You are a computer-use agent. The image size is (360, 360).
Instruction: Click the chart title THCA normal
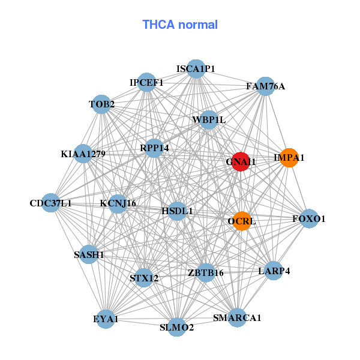[179, 25]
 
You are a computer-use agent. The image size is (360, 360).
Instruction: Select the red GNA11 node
[241, 161]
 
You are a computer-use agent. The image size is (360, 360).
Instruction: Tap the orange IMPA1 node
[289, 158]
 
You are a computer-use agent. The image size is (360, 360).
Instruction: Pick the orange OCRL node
[242, 221]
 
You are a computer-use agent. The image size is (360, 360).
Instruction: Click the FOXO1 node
[308, 219]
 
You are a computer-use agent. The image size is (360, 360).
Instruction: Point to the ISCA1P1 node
[196, 69]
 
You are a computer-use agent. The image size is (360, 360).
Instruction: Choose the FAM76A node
[265, 86]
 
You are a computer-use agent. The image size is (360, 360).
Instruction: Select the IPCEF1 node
[147, 82]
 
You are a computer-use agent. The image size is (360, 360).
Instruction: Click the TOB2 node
[102, 104]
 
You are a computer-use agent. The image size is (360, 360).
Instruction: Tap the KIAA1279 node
[83, 154]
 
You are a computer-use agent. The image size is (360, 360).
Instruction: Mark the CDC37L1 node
[51, 203]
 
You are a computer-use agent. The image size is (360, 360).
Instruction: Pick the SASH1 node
[89, 254]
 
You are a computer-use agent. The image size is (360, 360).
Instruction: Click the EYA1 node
[106, 319]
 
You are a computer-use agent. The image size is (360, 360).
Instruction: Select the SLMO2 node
[176, 327]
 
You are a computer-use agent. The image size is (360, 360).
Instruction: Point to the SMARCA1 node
[237, 317]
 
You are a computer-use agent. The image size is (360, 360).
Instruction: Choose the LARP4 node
[274, 271]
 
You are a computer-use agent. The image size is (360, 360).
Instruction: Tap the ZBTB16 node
[205, 272]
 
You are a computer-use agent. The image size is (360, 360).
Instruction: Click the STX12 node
[144, 278]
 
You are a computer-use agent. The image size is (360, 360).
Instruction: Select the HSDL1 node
[177, 211]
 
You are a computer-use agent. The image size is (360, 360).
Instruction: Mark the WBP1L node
[209, 120]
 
